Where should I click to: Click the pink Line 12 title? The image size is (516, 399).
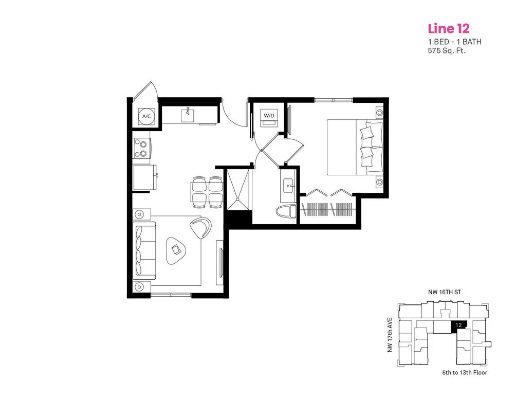[449, 29]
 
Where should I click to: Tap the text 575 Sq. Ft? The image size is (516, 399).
[447, 51]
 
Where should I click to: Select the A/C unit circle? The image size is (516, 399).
[146, 116]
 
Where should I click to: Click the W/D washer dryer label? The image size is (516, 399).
[269, 116]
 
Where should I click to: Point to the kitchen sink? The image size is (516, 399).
[188, 115]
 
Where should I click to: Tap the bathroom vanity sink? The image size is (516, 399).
[289, 186]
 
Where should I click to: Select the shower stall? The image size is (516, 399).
[237, 189]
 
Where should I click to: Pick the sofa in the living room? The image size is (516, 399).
[144, 249]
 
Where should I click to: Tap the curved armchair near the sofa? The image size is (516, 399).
[200, 227]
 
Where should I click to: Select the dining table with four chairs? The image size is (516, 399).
[207, 193]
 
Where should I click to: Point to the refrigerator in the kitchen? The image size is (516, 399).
[145, 178]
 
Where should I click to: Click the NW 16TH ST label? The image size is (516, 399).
[444, 292]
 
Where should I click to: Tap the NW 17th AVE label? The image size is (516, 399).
[390, 335]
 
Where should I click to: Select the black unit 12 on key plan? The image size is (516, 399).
[458, 325]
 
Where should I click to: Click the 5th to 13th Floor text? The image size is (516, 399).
[465, 373]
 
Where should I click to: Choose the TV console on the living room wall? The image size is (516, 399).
[219, 262]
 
